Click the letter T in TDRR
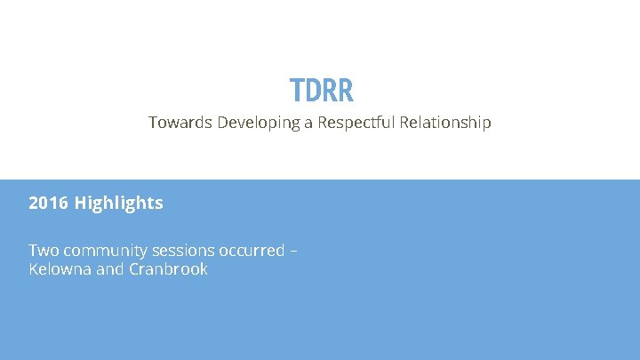tap(298, 90)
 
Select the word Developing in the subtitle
tap(257, 124)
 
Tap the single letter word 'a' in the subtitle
tap(309, 124)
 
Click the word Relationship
tap(444, 124)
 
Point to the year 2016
tap(48, 204)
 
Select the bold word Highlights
tap(118, 204)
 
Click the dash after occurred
tap(294, 252)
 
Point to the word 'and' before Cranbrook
tap(109, 269)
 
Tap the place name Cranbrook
tap(168, 269)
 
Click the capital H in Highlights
tap(81, 204)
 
